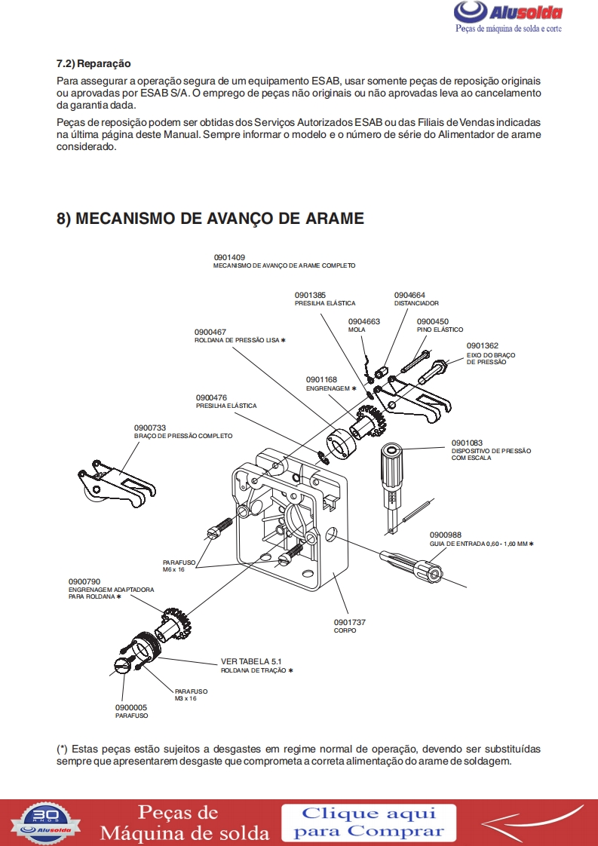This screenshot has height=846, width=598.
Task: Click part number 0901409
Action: pyautogui.click(x=229, y=257)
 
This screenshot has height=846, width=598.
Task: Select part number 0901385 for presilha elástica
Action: pyautogui.click(x=310, y=295)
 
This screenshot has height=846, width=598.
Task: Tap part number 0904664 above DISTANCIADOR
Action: pyautogui.click(x=409, y=295)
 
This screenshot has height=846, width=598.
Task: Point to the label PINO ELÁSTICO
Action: pyautogui.click(x=440, y=330)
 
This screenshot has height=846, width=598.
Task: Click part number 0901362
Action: pyautogui.click(x=483, y=346)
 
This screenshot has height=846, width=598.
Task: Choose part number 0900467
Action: pyautogui.click(x=210, y=332)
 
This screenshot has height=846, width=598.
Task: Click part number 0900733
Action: pyautogui.click(x=150, y=428)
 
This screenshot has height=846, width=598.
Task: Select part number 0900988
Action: pyautogui.click(x=445, y=535)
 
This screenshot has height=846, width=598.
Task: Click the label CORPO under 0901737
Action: pyautogui.click(x=345, y=630)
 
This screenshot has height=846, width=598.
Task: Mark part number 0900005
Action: pyautogui.click(x=131, y=707)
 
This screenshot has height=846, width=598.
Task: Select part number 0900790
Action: pyautogui.click(x=84, y=581)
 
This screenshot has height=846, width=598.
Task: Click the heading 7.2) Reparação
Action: pyautogui.click(x=94, y=63)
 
